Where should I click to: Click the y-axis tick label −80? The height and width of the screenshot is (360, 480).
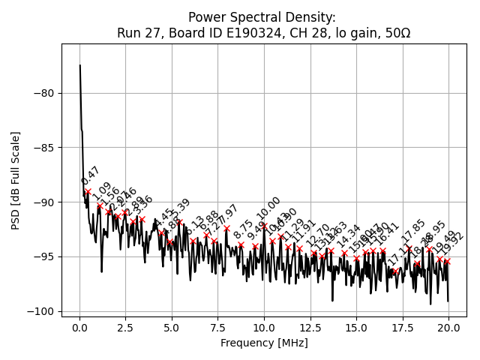[x=45, y=93]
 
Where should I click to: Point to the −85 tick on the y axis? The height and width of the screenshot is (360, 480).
[x=45, y=148]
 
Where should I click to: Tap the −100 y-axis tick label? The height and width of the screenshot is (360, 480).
[x=43, y=311]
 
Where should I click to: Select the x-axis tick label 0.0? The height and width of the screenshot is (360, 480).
[x=79, y=328]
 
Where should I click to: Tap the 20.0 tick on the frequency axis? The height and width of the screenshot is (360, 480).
[x=448, y=328]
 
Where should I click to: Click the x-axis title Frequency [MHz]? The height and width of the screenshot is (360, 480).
[x=264, y=343]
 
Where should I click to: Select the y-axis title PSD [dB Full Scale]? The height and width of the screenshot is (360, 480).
[x=15, y=180]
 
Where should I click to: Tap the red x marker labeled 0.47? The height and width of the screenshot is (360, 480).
[x=88, y=191]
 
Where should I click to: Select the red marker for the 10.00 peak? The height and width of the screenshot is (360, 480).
[x=264, y=225]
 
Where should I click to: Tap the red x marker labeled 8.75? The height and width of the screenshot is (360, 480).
[x=241, y=244]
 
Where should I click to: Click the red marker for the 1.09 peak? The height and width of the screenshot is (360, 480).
[x=100, y=205]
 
